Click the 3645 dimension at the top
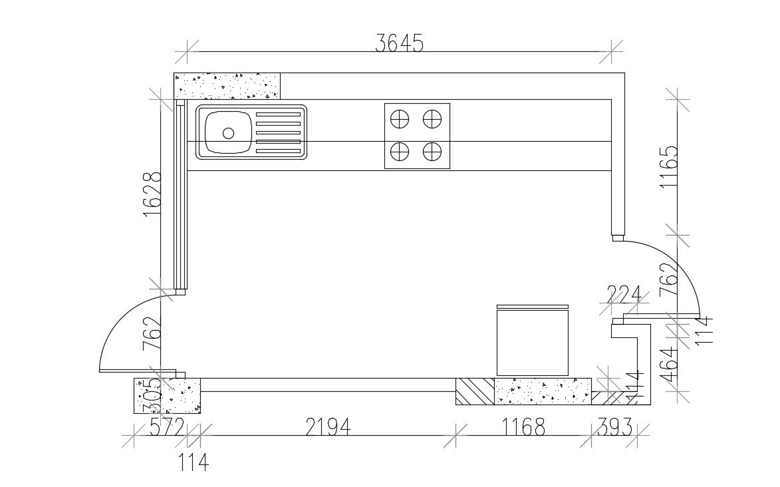(x=399, y=44)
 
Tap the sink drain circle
(x=228, y=133)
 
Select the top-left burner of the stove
(x=399, y=119)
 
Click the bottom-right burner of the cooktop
(x=433, y=152)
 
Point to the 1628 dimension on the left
(x=152, y=194)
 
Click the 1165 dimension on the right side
(x=669, y=168)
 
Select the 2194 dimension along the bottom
(x=327, y=426)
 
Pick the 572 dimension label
(x=166, y=426)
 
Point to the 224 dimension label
(x=624, y=294)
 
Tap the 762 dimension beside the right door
(x=669, y=279)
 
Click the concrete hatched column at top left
(x=227, y=86)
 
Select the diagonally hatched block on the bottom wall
(x=475, y=391)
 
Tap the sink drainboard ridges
(x=278, y=133)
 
